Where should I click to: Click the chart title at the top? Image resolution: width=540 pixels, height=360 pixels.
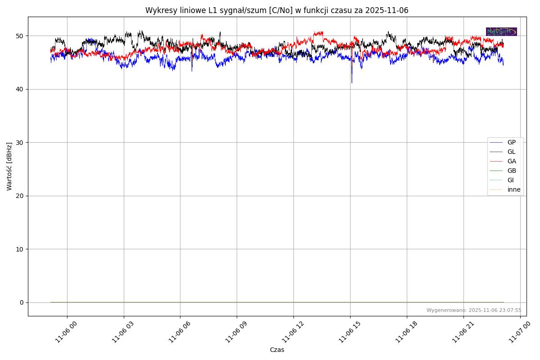click(277, 10)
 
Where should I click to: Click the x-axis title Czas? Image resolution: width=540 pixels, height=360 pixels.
click(277, 350)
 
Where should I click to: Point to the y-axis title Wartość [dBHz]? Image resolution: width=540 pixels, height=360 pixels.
click(9, 166)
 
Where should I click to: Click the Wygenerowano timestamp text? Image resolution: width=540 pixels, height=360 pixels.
click(474, 310)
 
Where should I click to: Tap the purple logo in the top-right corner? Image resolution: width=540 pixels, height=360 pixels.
click(501, 31)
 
